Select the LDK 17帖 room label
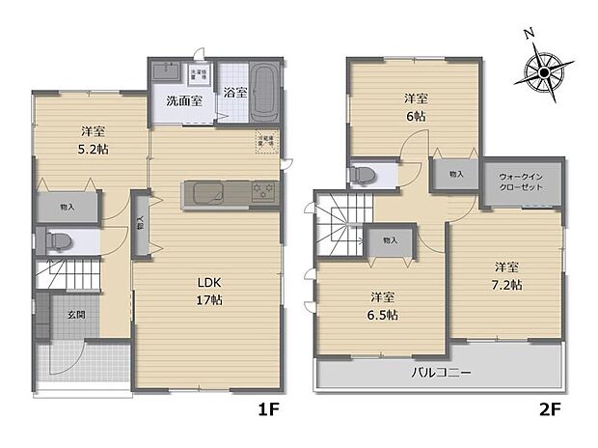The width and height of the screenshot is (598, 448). pos(211,291)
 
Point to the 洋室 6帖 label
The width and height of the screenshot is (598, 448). pos(416,106)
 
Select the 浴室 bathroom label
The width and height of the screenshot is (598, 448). pos(233,93)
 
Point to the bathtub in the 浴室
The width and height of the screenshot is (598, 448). pos(264,95)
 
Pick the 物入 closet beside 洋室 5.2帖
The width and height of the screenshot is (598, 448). pos(68,207)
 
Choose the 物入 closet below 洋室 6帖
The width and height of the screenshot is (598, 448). pos(456,174)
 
